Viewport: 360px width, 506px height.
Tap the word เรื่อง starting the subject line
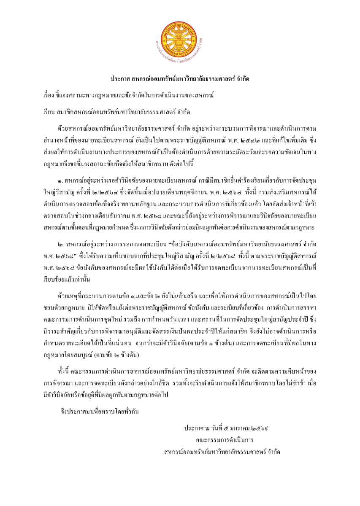tap(52, 96)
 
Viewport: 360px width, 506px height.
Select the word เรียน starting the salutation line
tap(52, 112)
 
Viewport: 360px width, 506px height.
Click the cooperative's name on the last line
tap(222, 452)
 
